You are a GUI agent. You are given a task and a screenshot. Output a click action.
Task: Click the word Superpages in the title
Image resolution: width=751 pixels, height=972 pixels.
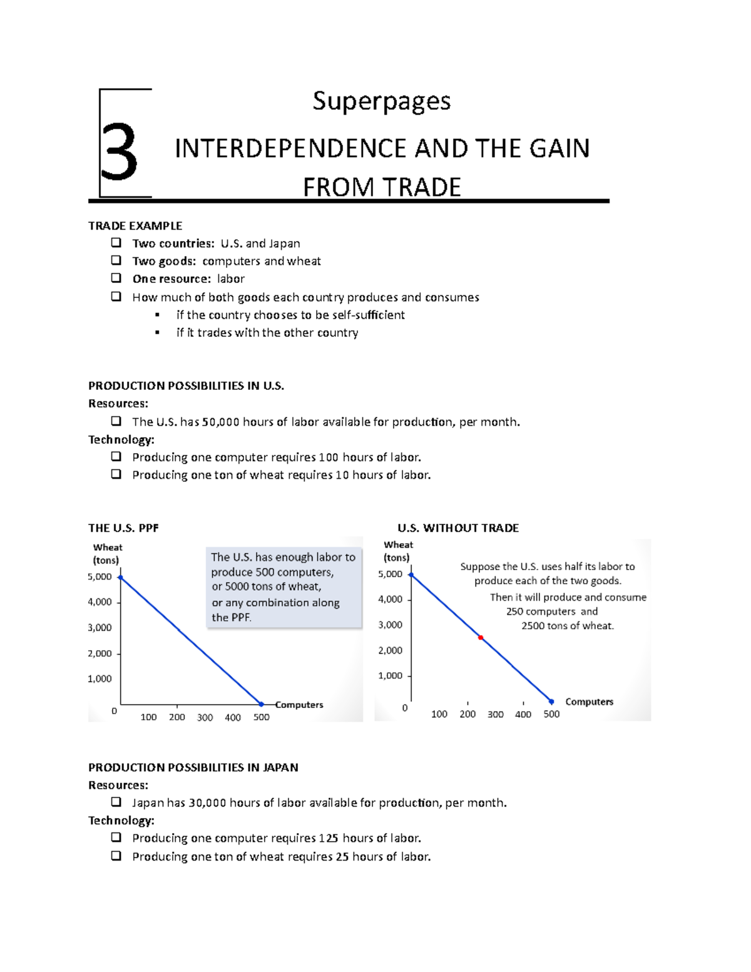[x=382, y=101]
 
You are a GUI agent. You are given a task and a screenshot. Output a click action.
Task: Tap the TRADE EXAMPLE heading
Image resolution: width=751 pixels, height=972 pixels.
[x=135, y=225]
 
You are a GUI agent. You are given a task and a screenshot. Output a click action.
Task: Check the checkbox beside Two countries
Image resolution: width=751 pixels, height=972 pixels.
[x=116, y=242]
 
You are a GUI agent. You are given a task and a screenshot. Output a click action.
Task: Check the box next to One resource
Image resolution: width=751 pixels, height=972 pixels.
[x=116, y=278]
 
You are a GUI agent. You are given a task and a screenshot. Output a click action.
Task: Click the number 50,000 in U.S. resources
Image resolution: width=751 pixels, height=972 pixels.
[x=221, y=422]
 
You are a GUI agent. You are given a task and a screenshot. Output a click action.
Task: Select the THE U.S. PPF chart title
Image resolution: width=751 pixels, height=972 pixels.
[x=123, y=528]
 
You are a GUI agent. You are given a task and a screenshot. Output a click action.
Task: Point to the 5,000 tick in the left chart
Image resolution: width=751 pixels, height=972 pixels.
[x=100, y=576]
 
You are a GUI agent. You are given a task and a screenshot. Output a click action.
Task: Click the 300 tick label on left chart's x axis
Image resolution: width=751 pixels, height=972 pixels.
[x=205, y=717]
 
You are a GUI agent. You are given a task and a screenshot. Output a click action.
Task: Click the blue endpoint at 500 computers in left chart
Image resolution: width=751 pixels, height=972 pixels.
[x=262, y=704]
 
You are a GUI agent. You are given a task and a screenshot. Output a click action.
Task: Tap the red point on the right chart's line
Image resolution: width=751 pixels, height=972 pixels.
[x=481, y=638]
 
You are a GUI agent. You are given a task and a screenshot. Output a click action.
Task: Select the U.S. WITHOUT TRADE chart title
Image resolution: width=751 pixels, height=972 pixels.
[x=458, y=528]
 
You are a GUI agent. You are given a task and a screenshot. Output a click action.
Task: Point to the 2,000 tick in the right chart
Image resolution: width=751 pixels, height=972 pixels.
[x=391, y=650]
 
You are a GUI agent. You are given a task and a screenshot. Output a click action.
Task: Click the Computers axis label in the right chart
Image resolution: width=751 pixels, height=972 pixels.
[x=589, y=702]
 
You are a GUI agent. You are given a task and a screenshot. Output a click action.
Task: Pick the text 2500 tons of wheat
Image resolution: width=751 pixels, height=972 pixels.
[x=568, y=626]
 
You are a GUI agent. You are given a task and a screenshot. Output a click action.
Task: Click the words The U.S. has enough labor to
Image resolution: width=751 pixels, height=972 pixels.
[x=283, y=557]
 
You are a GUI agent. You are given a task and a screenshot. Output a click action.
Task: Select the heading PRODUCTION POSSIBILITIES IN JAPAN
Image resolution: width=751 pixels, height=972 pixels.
[x=193, y=767]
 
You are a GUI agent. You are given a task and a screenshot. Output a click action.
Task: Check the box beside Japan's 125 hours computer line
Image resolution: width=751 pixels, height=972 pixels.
[x=116, y=837]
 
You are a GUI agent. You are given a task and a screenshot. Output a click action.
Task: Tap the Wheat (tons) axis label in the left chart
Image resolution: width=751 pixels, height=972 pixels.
[x=107, y=553]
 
